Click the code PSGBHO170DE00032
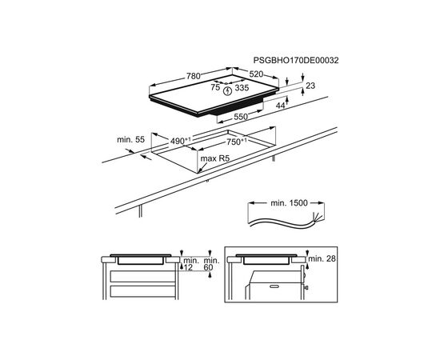click(x=296, y=60)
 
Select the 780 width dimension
click(x=194, y=76)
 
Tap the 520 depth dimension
click(x=256, y=74)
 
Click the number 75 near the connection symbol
click(x=215, y=87)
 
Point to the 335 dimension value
click(x=242, y=88)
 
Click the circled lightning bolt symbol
click(x=227, y=91)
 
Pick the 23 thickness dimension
click(x=310, y=86)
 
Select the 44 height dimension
click(x=280, y=106)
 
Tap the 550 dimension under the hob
click(x=241, y=117)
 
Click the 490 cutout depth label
click(x=181, y=141)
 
